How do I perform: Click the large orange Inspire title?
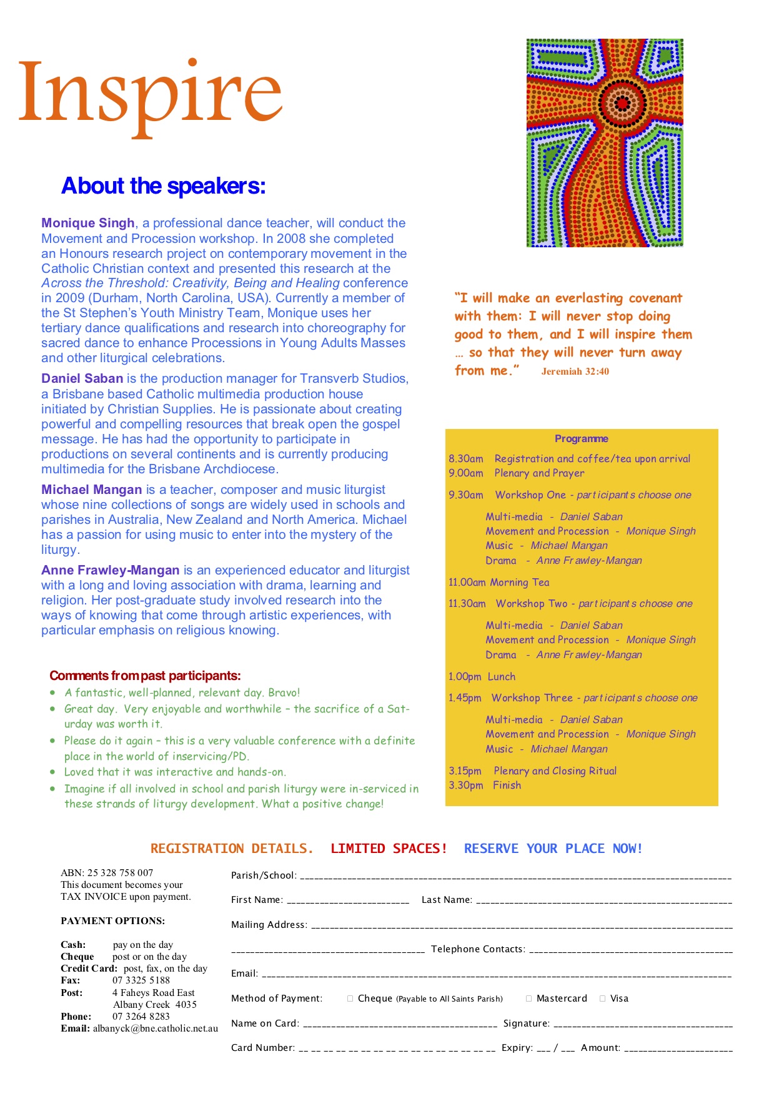click(150, 94)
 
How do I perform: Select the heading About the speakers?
click(163, 186)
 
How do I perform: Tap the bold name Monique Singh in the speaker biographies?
click(88, 224)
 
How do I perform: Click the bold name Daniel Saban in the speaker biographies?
click(82, 378)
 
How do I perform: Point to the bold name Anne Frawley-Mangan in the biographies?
click(110, 570)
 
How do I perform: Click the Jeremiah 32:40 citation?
click(575, 372)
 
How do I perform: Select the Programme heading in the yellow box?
click(581, 438)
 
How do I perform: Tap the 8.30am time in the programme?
click(465, 459)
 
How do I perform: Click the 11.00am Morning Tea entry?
click(499, 583)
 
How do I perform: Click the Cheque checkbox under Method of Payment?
click(350, 998)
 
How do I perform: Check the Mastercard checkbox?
click(529, 998)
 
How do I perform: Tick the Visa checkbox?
click(603, 998)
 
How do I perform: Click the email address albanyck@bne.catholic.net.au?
click(156, 1028)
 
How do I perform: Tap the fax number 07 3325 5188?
click(141, 980)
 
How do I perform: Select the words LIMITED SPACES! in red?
click(389, 849)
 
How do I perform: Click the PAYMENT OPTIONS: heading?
click(112, 921)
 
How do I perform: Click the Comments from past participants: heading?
click(145, 676)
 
